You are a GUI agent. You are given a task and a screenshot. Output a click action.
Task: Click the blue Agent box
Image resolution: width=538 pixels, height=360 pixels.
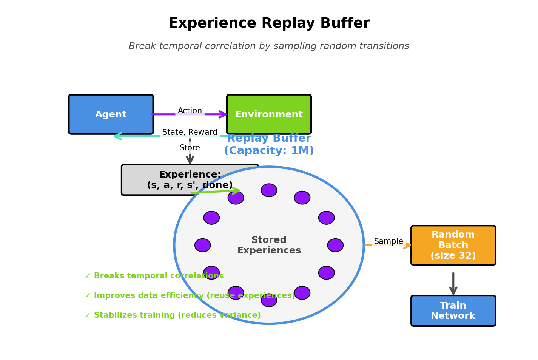click(111, 114)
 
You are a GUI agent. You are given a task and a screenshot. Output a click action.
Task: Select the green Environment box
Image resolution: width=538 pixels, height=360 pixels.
click(269, 114)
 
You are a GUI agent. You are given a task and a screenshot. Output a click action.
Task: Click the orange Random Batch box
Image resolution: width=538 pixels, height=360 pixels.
click(453, 245)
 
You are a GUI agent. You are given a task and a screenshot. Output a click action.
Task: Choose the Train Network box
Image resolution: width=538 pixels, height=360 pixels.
click(453, 311)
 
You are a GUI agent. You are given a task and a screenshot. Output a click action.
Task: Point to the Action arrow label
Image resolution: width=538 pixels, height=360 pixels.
click(190, 111)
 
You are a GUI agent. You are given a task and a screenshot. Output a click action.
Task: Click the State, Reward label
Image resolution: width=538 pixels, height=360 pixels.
click(190, 133)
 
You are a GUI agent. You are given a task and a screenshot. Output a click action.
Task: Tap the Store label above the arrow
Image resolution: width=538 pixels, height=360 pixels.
click(190, 148)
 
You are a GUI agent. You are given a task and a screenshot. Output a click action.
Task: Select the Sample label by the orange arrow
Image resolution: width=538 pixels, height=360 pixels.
click(388, 242)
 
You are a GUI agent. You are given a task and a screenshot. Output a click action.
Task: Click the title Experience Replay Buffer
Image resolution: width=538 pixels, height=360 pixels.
click(269, 23)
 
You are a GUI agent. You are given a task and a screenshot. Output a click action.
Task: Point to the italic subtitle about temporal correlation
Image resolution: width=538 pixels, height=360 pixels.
click(269, 46)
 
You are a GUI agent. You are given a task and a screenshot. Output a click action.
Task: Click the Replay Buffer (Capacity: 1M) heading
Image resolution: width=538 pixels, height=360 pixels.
click(269, 145)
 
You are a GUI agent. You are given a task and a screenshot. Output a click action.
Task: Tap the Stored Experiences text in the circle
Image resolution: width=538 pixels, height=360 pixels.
click(269, 245)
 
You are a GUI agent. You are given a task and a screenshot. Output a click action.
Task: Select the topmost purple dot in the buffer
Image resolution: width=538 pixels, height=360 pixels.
click(269, 190)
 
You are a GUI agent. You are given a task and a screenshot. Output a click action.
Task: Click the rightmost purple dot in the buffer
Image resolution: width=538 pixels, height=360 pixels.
click(335, 245)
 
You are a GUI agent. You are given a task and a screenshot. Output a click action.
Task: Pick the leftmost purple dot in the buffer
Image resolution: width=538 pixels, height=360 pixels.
click(203, 245)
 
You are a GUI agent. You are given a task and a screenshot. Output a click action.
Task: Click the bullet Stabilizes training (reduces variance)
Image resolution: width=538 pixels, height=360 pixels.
click(173, 315)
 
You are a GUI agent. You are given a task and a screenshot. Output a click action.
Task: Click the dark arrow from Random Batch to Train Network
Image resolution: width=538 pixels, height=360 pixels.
click(453, 283)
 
